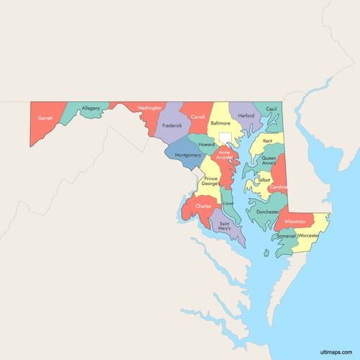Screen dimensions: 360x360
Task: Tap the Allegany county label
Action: point(91,109)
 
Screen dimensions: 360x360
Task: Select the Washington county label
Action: point(150,108)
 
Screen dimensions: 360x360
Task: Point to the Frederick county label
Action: point(172,125)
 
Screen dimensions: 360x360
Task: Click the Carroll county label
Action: point(198,117)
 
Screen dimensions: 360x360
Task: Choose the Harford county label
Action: point(246,115)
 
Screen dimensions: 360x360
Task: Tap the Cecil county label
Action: point(271,109)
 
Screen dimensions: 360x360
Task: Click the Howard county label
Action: point(207,144)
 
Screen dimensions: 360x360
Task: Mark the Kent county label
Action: point(268,140)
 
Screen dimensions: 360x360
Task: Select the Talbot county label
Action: point(264,179)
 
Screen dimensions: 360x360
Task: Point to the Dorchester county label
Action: point(267,212)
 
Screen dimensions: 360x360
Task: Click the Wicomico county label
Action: point(295,221)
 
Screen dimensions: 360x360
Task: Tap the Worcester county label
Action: point(308,235)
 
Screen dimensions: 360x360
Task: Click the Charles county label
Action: point(203,207)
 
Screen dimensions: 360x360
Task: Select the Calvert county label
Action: point(228,204)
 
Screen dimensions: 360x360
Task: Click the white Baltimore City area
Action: point(225,137)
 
